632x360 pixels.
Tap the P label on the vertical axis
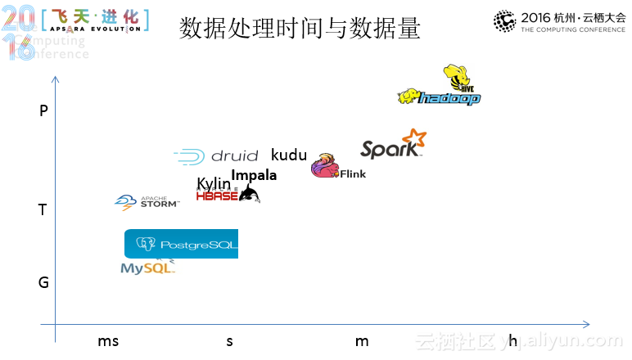[x=43, y=111]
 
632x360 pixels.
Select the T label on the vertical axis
[x=43, y=210]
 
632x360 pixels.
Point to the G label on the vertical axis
[x=43, y=282]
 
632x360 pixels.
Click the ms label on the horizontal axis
[x=108, y=341]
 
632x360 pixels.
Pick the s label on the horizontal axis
[x=230, y=341]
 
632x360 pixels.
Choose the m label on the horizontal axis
[x=362, y=341]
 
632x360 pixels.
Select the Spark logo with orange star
[x=394, y=146]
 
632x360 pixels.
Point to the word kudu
[x=288, y=155]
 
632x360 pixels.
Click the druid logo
[x=217, y=155]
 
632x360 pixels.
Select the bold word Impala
[x=254, y=175]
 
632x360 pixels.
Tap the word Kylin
[x=214, y=184]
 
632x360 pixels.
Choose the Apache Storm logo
[x=147, y=202]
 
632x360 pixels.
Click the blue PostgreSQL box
[x=181, y=244]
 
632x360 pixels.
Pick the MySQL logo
[x=147, y=268]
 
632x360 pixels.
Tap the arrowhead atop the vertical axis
[x=55, y=79]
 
